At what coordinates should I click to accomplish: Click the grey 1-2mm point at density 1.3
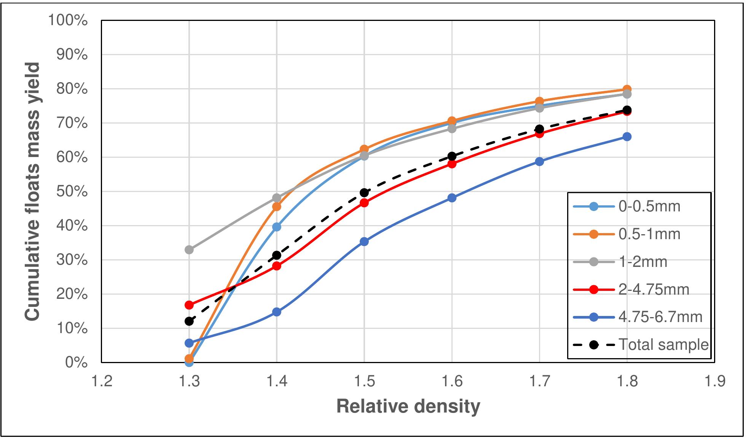click(189, 250)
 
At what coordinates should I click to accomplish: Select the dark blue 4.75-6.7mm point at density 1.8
click(627, 137)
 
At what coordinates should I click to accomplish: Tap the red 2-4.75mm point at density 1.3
click(189, 305)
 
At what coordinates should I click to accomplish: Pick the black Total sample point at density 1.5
click(364, 192)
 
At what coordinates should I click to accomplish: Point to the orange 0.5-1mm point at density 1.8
click(627, 90)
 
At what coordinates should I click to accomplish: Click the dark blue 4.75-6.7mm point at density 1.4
click(277, 312)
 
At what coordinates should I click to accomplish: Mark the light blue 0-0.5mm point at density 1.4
click(277, 227)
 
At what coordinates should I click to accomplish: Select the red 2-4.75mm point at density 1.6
click(452, 164)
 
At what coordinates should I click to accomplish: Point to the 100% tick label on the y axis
click(68, 21)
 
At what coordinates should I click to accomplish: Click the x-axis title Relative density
click(408, 407)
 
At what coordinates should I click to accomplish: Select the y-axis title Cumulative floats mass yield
click(33, 192)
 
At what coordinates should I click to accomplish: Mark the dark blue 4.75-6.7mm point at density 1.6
click(452, 198)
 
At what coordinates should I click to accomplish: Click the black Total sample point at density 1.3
click(189, 321)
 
